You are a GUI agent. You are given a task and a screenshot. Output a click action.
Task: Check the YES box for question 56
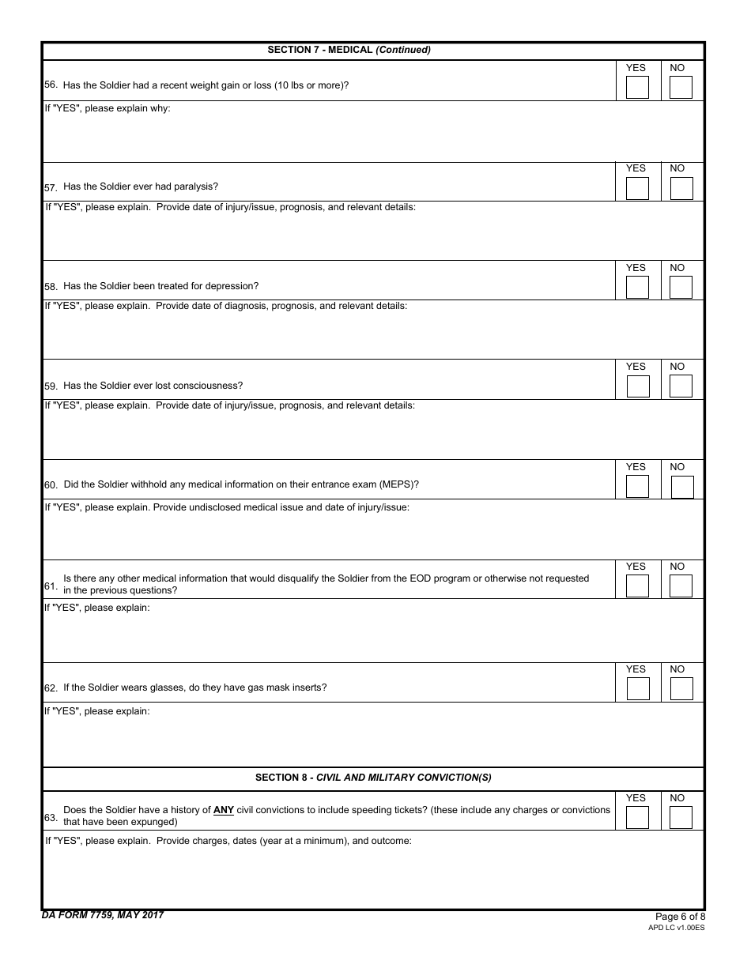(x=637, y=87)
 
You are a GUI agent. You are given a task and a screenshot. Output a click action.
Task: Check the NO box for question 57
(x=681, y=188)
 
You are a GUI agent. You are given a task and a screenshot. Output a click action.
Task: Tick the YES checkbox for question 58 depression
(x=637, y=287)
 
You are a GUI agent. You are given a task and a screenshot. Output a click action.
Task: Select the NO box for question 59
(x=681, y=386)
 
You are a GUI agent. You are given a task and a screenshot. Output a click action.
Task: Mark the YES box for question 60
(x=637, y=487)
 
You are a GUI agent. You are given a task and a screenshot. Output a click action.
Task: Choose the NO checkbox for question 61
(x=681, y=586)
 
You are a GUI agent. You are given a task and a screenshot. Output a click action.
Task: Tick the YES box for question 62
(x=637, y=689)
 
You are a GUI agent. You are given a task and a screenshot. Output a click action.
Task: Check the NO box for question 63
(x=681, y=817)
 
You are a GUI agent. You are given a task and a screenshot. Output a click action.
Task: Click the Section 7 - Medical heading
(x=349, y=50)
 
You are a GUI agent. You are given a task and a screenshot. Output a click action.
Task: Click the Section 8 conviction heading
(x=373, y=778)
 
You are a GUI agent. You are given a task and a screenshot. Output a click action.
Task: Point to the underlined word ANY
(x=224, y=810)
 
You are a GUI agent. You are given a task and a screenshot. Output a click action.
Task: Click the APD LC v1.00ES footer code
(x=676, y=928)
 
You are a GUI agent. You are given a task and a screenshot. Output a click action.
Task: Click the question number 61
(x=51, y=586)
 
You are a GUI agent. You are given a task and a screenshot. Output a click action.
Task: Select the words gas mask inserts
(x=287, y=688)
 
